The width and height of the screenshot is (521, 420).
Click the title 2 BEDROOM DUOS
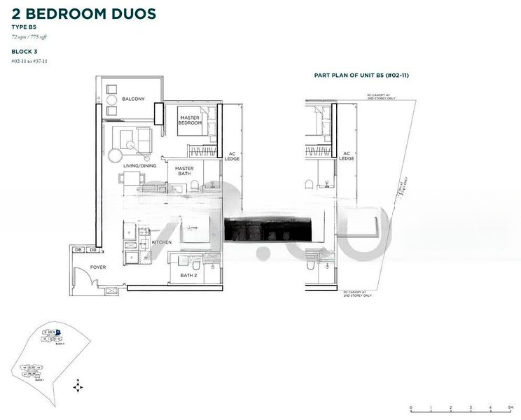click(83, 13)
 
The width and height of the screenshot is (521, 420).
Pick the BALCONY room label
click(133, 99)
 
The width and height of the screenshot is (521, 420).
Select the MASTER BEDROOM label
click(190, 120)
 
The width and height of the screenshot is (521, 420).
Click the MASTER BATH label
click(184, 171)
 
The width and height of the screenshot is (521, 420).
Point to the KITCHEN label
click(162, 242)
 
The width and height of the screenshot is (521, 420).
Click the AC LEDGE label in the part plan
click(347, 156)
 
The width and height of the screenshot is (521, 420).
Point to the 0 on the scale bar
click(411, 407)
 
